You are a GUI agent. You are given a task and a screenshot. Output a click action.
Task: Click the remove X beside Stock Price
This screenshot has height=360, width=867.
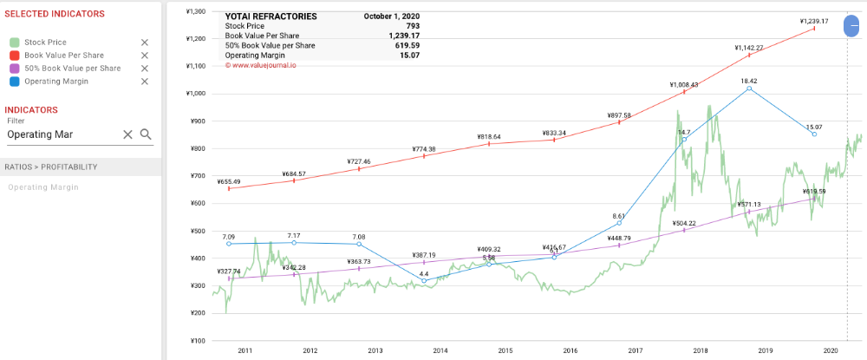145,43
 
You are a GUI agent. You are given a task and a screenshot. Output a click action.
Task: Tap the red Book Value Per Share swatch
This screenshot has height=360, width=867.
14,56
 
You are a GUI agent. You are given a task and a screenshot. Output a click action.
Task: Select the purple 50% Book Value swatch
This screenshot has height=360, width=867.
14,69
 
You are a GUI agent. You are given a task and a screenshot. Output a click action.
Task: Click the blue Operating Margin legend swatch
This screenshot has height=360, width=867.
14,82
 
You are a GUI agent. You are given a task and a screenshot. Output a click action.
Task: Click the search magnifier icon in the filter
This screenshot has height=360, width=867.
146,134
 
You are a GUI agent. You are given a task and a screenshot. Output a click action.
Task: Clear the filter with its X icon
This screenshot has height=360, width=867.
127,134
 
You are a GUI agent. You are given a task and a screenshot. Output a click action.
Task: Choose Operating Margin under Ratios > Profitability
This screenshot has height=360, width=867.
43,187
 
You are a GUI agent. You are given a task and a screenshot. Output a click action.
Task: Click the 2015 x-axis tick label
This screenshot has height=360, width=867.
505,350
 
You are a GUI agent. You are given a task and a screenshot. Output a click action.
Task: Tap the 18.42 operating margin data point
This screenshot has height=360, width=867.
749,88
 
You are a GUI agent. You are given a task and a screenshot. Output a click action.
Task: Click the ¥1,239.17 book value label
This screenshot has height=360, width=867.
814,22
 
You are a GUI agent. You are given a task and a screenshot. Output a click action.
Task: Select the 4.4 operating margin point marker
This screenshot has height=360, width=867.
424,281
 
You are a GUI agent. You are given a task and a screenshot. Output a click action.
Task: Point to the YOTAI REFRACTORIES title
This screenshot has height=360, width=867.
271,16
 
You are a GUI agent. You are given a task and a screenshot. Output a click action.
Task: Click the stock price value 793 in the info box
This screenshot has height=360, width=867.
413,26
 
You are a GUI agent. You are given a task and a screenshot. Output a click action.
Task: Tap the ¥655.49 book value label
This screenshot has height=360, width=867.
229,181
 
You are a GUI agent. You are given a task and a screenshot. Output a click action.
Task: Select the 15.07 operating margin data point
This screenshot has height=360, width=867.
814,134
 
